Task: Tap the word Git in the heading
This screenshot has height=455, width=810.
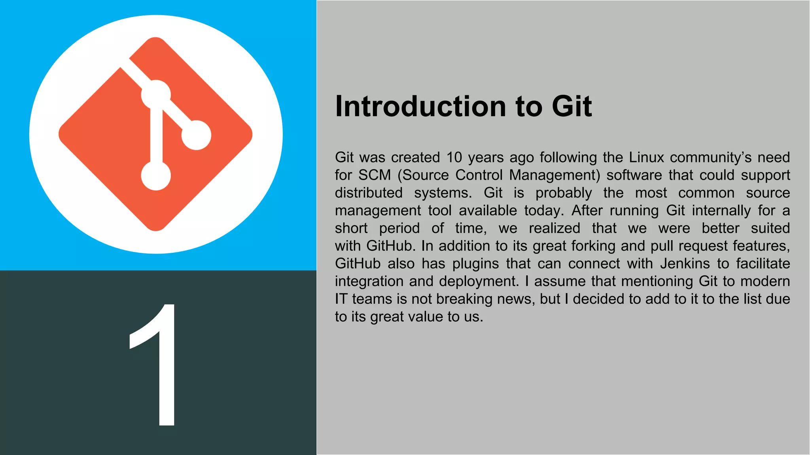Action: [572, 107]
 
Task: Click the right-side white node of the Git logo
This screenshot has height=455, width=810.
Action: [196, 135]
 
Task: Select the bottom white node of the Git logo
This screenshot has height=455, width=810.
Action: [156, 175]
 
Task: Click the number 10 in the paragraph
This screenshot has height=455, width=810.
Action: [454, 158]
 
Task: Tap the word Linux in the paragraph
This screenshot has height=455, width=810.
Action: [646, 158]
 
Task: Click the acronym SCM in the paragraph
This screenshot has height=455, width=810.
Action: [374, 175]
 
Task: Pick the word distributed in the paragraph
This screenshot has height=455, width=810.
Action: [369, 193]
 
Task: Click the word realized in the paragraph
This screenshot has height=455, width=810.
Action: [554, 228]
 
